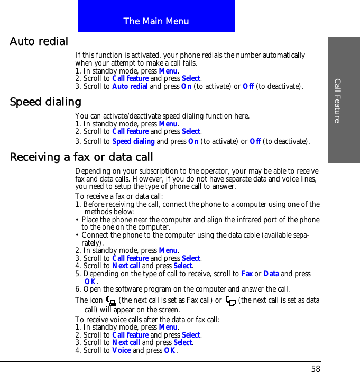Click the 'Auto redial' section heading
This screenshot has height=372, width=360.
click(39, 41)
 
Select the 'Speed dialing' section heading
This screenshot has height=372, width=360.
click(45, 102)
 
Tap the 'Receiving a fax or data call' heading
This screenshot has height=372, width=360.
click(81, 157)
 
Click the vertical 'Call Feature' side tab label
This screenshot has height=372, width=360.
click(337, 100)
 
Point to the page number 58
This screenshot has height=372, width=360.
click(316, 369)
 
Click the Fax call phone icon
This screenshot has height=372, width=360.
click(111, 301)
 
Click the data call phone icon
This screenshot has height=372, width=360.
click(230, 301)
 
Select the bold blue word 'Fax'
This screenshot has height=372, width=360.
click(246, 274)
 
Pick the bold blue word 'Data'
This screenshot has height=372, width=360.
click(271, 274)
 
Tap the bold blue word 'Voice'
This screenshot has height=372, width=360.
click(122, 350)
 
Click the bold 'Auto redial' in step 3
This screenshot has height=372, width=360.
click(130, 86)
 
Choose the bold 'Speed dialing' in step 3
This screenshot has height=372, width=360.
click(133, 141)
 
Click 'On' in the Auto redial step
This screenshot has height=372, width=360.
click(187, 86)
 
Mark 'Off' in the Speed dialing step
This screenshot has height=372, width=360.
click(255, 141)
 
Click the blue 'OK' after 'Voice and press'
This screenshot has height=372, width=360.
click(170, 350)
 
